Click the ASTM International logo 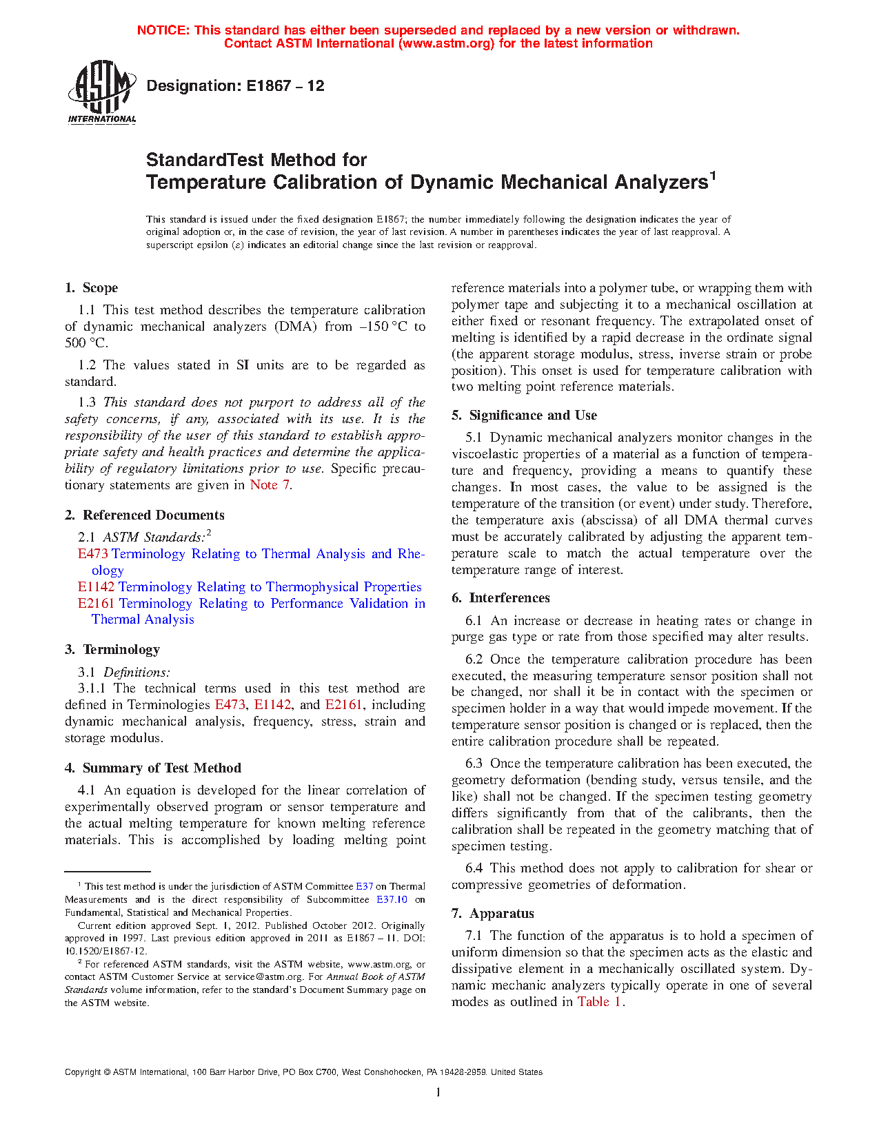(x=102, y=92)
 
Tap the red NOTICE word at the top (x=163, y=30)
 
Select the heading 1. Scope (x=91, y=288)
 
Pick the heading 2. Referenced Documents (x=144, y=515)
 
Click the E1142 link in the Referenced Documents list (x=96, y=587)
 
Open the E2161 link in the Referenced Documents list (x=96, y=604)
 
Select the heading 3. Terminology (x=112, y=650)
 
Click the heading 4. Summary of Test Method (x=152, y=768)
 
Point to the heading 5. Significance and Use (x=524, y=416)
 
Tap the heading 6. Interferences (x=501, y=598)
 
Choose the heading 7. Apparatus (x=493, y=914)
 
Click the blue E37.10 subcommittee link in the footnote (x=392, y=899)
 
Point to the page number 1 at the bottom (x=438, y=1092)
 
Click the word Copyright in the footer (x=83, y=1072)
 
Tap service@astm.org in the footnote (x=261, y=976)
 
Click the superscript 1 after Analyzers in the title (x=713, y=176)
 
